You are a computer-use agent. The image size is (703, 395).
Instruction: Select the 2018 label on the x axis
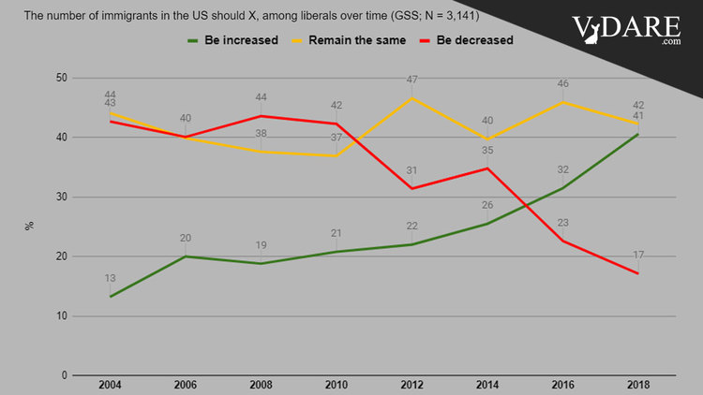(x=638, y=386)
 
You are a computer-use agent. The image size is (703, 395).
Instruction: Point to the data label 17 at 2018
(x=638, y=255)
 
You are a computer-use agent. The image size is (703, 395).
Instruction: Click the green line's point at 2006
(x=186, y=256)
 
